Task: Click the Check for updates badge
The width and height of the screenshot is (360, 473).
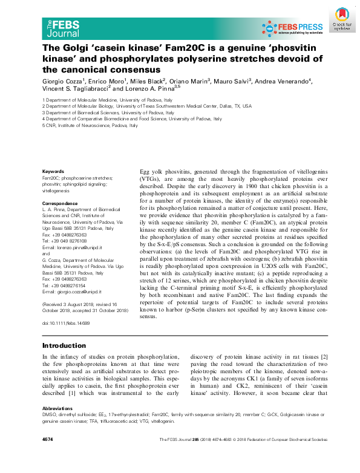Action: pos(342,19)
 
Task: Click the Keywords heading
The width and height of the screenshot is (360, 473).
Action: pos(53,172)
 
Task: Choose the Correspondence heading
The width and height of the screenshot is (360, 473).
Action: pos(61,203)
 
